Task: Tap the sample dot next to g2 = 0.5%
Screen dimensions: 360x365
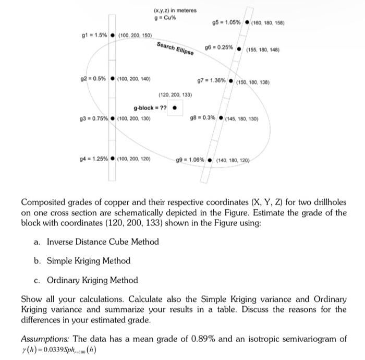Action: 113,79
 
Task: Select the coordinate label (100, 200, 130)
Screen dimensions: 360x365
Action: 135,118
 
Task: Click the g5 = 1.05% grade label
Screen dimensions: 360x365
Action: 226,22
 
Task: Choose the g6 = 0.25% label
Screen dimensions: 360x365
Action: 218,46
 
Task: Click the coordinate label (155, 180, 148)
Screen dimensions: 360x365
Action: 263,50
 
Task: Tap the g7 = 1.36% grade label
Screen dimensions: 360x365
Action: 211,81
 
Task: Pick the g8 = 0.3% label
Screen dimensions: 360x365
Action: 203,117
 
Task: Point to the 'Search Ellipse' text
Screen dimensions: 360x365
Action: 175,48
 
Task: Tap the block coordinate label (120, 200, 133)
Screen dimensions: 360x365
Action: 175,95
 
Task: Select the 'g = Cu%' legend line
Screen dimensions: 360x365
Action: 165,17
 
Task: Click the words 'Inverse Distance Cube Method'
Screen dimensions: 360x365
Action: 103,242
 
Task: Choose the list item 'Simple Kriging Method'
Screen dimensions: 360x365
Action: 89,260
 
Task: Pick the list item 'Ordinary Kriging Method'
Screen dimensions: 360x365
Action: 92,280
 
